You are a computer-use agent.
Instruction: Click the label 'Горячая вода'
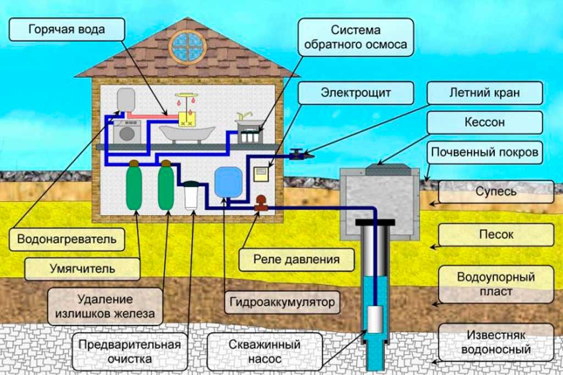coord(67,29)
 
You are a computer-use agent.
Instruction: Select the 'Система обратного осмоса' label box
coord(356,37)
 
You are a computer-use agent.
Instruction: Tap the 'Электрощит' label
coord(356,92)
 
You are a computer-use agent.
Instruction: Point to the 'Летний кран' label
coord(484,93)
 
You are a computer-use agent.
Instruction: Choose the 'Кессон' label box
coord(484,122)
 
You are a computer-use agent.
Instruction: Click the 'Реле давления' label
coord(296,258)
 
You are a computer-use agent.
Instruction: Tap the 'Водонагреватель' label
coord(67,239)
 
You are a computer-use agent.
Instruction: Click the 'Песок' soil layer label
coord(496,234)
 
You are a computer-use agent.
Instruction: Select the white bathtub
coord(186,134)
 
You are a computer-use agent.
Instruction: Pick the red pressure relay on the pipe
coord(261,204)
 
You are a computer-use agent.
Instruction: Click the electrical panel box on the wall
coord(260,176)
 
